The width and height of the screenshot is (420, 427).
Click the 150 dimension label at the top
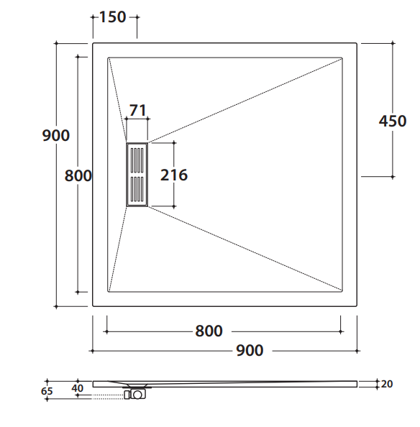click(x=112, y=17)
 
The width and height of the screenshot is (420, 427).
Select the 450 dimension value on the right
click(x=393, y=121)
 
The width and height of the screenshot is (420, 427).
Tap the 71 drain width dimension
click(x=137, y=110)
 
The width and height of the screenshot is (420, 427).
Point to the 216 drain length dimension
click(x=174, y=175)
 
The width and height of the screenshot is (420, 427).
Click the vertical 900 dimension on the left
click(x=56, y=135)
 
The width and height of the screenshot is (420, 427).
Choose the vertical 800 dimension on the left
click(x=78, y=175)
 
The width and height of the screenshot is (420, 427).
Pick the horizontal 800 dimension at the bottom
click(x=209, y=331)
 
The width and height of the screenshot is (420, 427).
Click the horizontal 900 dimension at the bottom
click(x=250, y=351)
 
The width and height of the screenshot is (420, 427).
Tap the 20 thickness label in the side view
click(x=387, y=384)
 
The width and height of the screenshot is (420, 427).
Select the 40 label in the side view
click(x=78, y=388)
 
